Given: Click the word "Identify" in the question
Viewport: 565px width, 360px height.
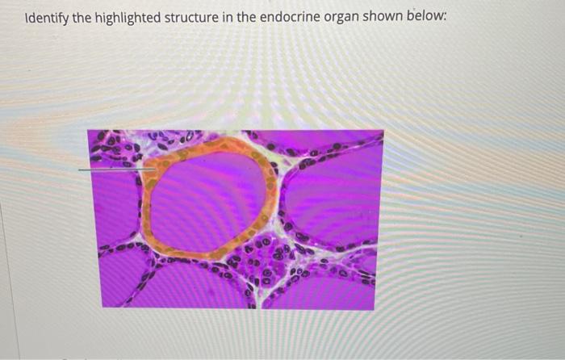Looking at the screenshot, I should (x=46, y=17).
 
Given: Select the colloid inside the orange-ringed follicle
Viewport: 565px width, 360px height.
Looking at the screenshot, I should (x=208, y=198).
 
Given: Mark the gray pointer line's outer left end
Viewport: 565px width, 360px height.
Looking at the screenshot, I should (x=80, y=170).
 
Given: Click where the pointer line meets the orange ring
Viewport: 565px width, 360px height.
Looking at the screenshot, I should (x=146, y=170).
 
